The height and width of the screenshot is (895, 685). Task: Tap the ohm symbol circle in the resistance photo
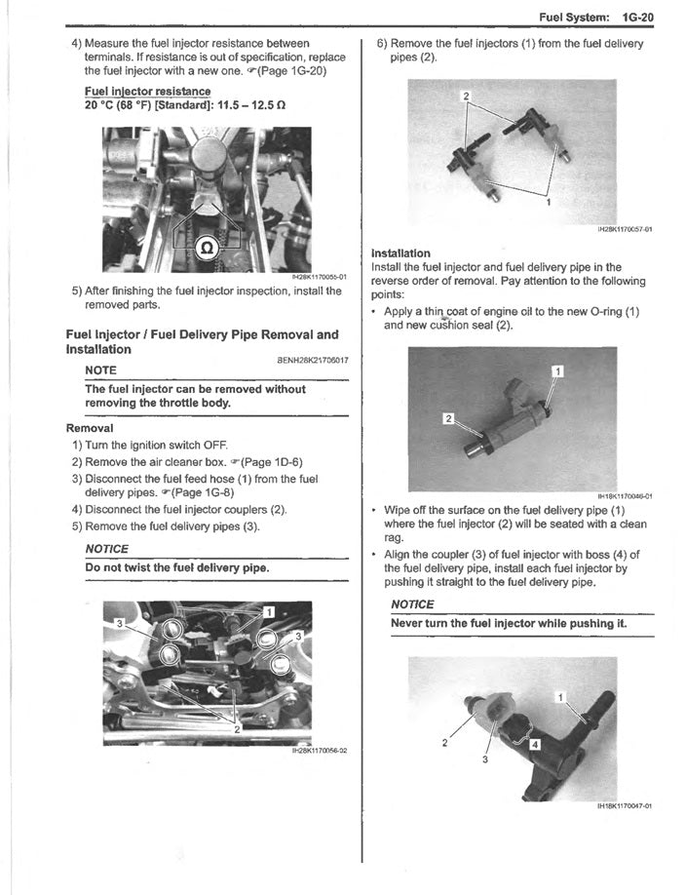[x=207, y=245]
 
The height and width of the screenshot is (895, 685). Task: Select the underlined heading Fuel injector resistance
[x=146, y=91]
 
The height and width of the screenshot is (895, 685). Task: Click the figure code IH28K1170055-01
[x=320, y=277]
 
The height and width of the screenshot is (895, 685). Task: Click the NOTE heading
[x=101, y=370]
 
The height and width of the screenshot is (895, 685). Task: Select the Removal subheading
[x=90, y=428]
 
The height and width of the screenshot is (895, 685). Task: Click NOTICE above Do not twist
[x=107, y=548]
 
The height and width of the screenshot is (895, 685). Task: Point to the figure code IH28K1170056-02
[x=320, y=750]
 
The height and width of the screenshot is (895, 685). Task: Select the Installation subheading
[x=400, y=253]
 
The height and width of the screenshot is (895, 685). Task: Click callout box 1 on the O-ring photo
[x=557, y=370]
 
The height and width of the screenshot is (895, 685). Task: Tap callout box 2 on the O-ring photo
[x=448, y=419]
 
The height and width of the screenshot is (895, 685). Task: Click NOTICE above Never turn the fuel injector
[x=412, y=604]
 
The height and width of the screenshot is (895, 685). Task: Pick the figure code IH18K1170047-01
[x=624, y=806]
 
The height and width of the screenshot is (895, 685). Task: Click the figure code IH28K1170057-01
[x=624, y=230]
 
